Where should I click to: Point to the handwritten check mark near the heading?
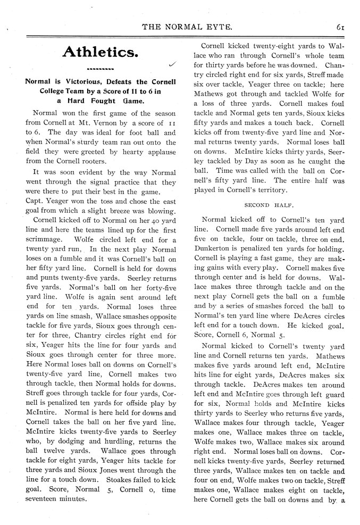tap(172, 65)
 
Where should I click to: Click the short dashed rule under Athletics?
tap(100, 69)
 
